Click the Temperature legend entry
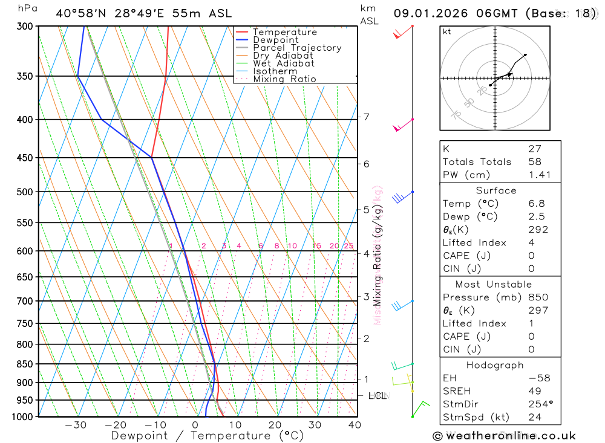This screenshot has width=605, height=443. (x=284, y=32)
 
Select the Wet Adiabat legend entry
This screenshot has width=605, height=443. (x=283, y=63)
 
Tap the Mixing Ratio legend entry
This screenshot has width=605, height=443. (x=284, y=79)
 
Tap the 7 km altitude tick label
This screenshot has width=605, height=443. (x=366, y=117)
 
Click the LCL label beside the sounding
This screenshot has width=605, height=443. (x=377, y=396)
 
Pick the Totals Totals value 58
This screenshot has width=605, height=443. (x=535, y=161)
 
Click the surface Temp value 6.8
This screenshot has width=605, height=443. (x=536, y=204)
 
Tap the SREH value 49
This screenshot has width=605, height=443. (x=534, y=391)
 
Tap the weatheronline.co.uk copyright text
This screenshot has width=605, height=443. (x=504, y=435)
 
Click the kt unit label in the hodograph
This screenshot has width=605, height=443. (x=447, y=31)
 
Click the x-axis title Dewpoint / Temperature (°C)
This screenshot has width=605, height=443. (x=208, y=435)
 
